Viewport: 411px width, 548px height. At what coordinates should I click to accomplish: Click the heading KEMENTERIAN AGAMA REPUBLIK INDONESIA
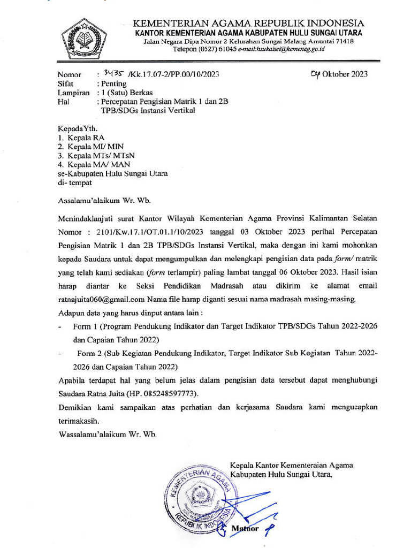(248, 24)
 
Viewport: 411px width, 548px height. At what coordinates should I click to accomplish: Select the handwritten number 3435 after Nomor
(114, 73)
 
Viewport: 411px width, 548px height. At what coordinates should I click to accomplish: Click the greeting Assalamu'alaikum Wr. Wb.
(104, 201)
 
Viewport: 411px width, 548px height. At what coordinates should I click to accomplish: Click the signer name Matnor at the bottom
(245, 529)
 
